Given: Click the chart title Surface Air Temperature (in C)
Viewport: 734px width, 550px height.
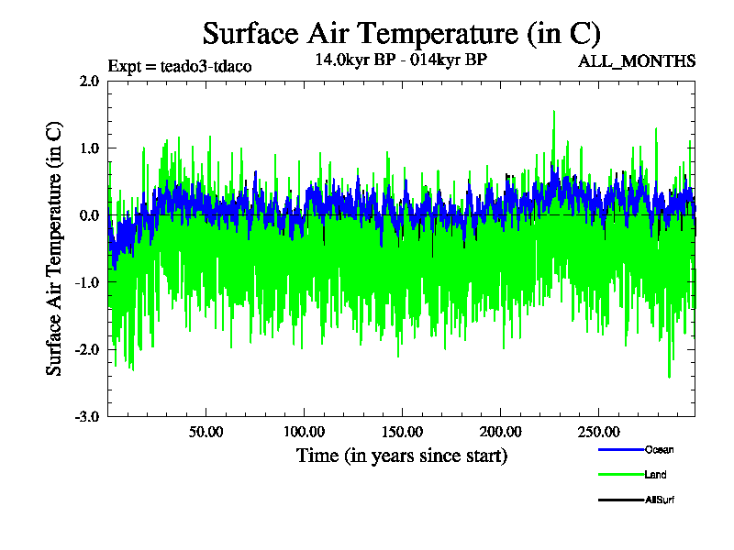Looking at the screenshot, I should [x=401, y=34].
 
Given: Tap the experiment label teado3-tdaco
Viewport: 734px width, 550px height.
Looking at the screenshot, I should [x=180, y=66].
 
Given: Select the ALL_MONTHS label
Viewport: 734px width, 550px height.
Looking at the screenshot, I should [x=636, y=61].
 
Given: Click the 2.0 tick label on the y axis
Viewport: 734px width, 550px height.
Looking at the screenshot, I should [x=89, y=81].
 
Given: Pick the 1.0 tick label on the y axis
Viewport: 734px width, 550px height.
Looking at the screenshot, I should [x=89, y=148].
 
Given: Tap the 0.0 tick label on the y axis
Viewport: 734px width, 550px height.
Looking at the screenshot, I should [x=89, y=215].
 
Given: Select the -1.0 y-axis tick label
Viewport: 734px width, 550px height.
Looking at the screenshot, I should [x=87, y=282].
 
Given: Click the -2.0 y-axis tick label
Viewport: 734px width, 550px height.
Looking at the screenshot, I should [x=87, y=349].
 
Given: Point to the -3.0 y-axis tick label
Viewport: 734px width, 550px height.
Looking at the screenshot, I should [x=87, y=416].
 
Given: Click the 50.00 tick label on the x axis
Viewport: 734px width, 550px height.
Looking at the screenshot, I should [x=206, y=431].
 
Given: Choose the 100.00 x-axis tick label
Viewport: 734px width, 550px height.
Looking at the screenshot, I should [x=305, y=431].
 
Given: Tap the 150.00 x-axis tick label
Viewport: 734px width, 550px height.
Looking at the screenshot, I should [x=402, y=431].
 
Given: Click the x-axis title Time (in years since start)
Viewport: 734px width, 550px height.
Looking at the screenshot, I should [x=401, y=455].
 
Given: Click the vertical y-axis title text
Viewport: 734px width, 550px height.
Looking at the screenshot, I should [x=55, y=247].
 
